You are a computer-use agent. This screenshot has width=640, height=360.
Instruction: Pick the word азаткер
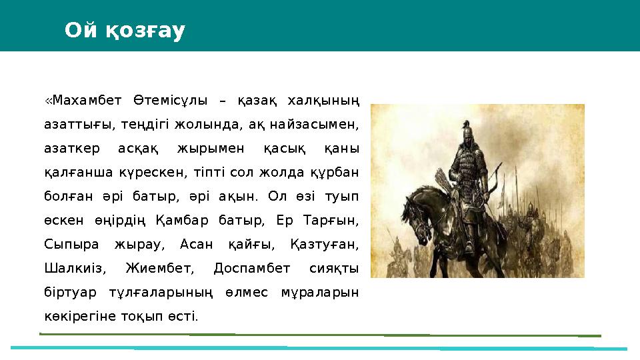[67, 148]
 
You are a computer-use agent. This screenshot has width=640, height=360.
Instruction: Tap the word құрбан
[333, 172]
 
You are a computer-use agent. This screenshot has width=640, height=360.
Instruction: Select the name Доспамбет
[252, 268]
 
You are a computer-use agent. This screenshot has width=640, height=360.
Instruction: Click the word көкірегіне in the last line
[77, 315]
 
